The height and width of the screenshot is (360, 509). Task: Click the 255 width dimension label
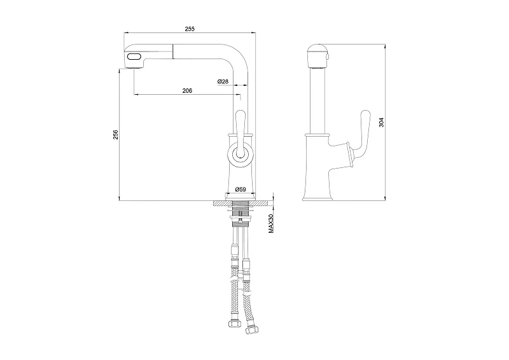click(190, 29)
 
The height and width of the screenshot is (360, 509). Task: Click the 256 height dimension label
click(116, 135)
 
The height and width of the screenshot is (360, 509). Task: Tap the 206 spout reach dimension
click(187, 90)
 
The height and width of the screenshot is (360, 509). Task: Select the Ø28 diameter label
click(223, 81)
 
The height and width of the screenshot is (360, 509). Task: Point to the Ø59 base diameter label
click(241, 189)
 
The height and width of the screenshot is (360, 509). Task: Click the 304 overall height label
click(381, 122)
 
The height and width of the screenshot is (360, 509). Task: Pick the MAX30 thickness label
click(272, 223)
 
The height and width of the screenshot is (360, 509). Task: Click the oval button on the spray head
click(134, 57)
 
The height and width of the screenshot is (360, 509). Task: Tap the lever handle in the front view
click(241, 133)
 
